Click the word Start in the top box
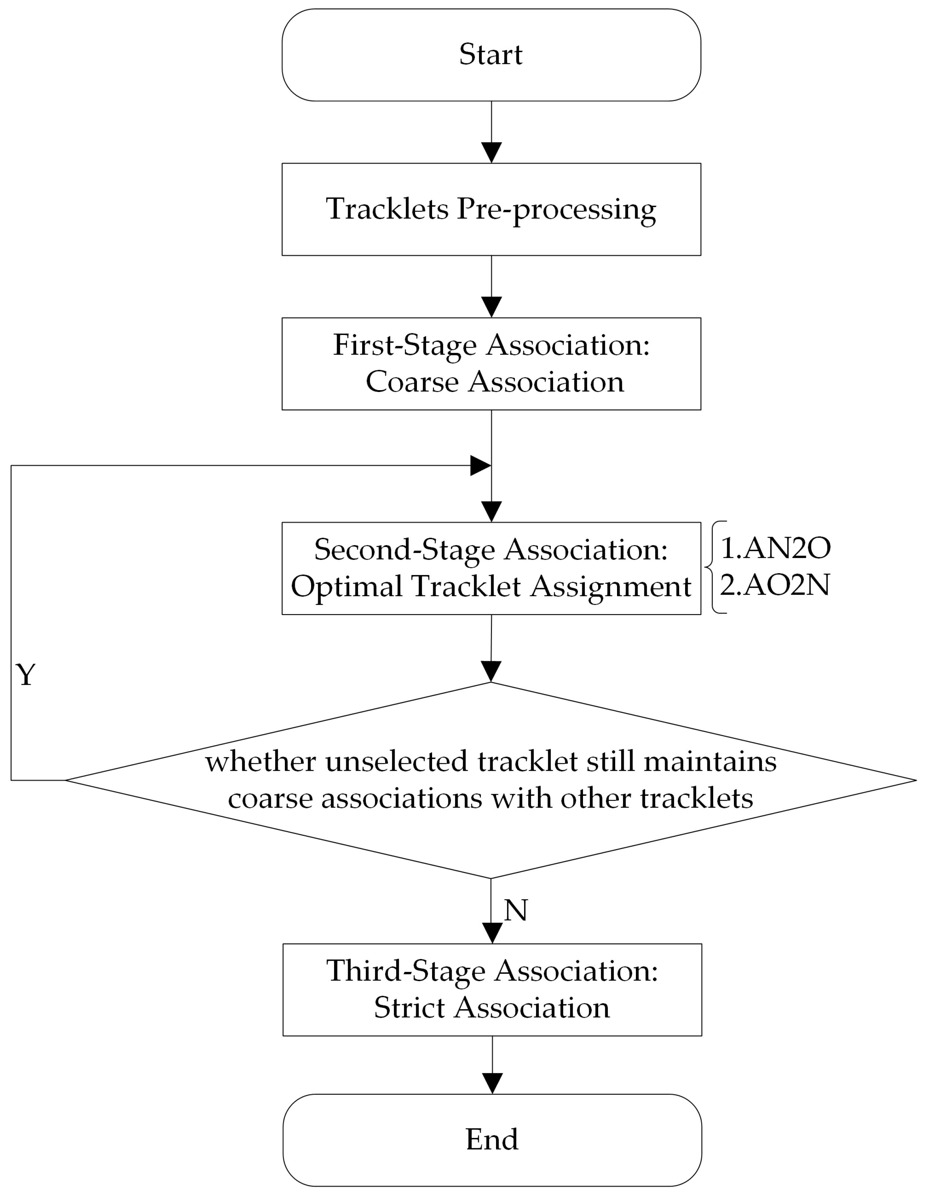point(491,55)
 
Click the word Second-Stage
point(404,550)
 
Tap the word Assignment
point(611,587)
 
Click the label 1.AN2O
point(775,548)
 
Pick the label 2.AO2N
point(775,585)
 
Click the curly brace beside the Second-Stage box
point(713,567)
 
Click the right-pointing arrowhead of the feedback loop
point(480,466)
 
